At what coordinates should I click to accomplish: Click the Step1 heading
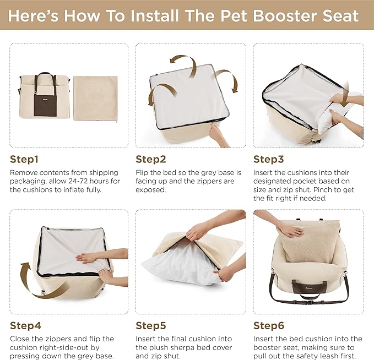click(24, 160)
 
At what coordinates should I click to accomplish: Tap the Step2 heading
click(151, 160)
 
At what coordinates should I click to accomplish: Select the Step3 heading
click(268, 160)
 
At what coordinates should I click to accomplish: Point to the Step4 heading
click(25, 326)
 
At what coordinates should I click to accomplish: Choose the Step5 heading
click(151, 326)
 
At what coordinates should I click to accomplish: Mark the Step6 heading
click(268, 326)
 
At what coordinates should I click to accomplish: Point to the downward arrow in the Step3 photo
click(345, 101)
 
